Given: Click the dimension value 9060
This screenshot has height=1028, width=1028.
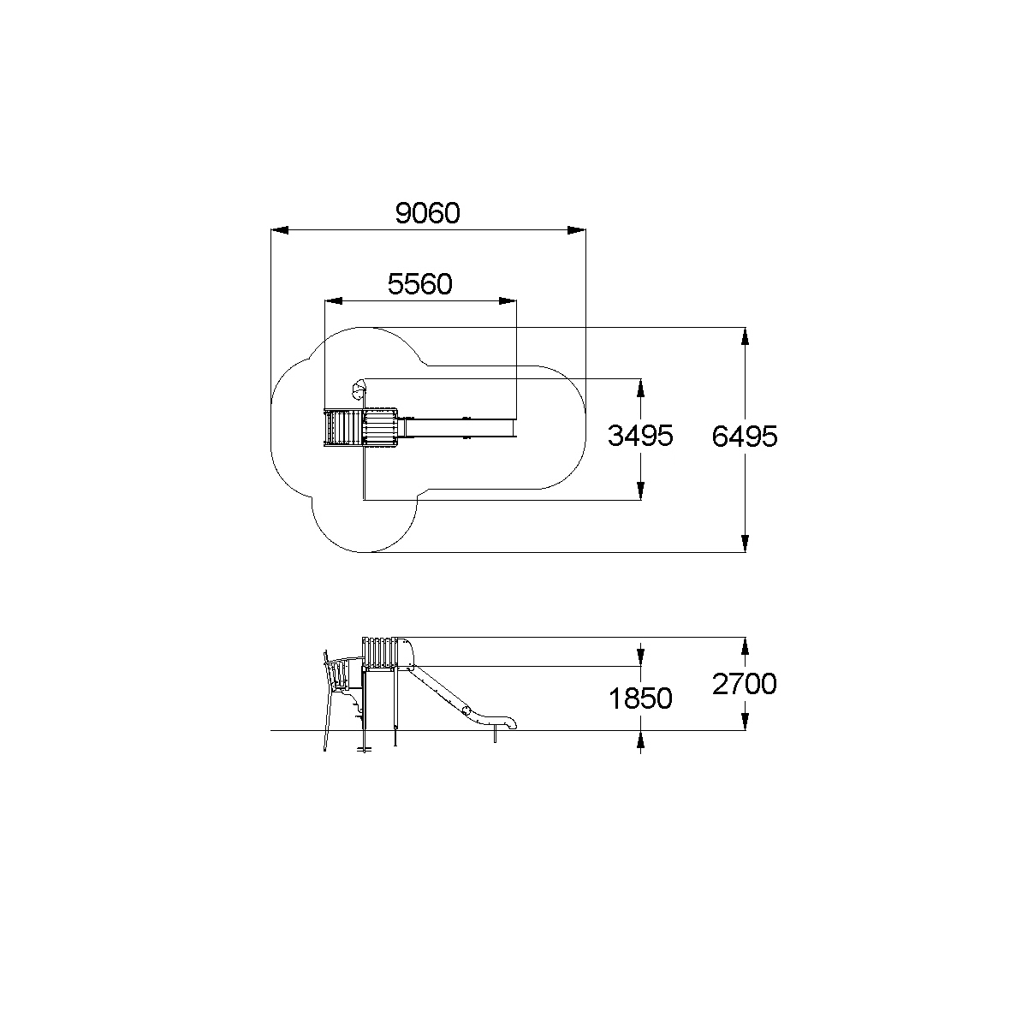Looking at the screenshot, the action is pyautogui.click(x=427, y=213).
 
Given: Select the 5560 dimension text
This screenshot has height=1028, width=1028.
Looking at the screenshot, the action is pyautogui.click(x=419, y=284).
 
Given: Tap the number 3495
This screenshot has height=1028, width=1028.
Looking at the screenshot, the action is pyautogui.click(x=640, y=436).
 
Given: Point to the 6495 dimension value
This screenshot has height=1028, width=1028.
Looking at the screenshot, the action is pyautogui.click(x=744, y=437).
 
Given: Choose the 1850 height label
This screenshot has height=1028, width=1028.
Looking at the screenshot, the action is pyautogui.click(x=640, y=698).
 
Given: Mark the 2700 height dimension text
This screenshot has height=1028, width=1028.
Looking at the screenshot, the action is pyautogui.click(x=744, y=684).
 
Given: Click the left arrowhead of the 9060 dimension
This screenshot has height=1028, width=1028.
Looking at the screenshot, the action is pyautogui.click(x=280, y=230).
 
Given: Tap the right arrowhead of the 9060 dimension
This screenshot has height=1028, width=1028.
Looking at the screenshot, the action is pyautogui.click(x=577, y=230).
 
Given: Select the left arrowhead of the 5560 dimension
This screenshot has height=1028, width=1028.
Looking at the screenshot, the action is pyautogui.click(x=334, y=301).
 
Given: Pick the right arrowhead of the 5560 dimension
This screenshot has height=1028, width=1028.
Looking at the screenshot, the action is pyautogui.click(x=508, y=301).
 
